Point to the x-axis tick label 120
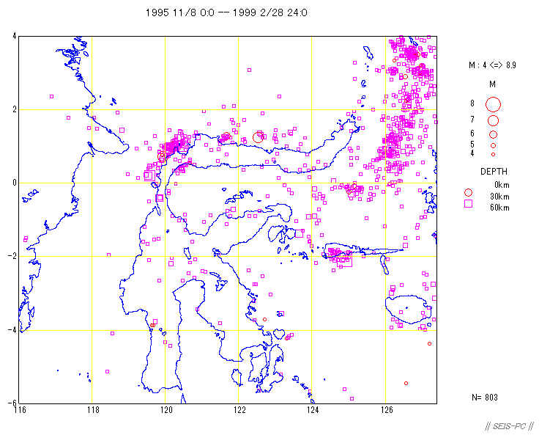(x=166, y=409)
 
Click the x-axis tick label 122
(x=239, y=409)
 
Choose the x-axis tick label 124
(x=313, y=409)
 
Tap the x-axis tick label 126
(x=386, y=409)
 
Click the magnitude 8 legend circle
(x=493, y=103)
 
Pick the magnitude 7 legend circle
(x=493, y=120)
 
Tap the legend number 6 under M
(x=472, y=134)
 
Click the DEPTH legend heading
(x=494, y=172)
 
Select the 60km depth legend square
(x=467, y=205)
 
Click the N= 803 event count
(x=485, y=398)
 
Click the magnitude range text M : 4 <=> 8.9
(x=493, y=65)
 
